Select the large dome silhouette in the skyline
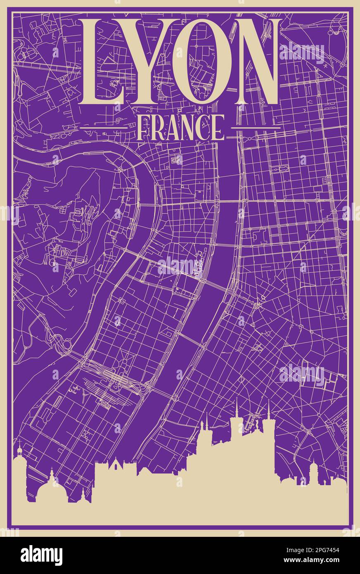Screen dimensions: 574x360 (x=52, y=487)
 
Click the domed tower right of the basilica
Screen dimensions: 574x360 (x=314, y=471)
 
